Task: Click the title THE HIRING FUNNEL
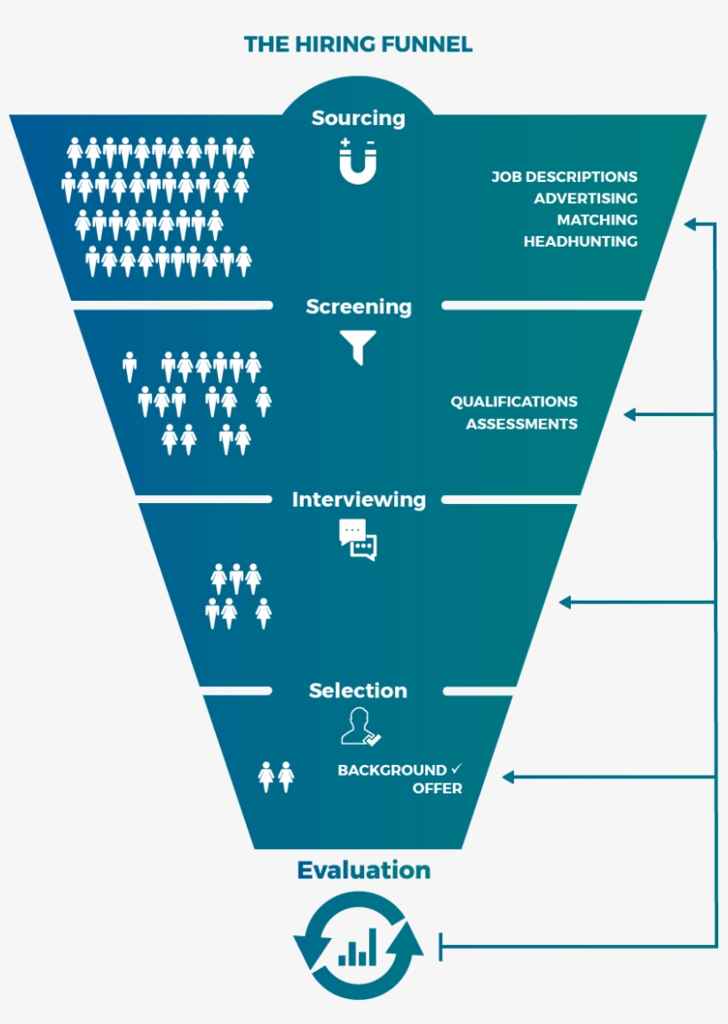[x=358, y=44]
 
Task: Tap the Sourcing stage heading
[x=358, y=118]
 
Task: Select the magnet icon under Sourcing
[x=358, y=162]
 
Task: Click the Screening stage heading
[x=359, y=307]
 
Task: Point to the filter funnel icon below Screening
[x=359, y=347]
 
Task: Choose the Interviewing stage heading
[x=359, y=500]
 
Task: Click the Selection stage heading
[x=359, y=690]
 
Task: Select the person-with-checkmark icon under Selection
[x=360, y=727]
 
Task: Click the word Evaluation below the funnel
[x=363, y=870]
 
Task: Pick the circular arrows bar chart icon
[x=358, y=946]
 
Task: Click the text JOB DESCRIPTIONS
[x=565, y=177]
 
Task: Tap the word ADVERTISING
[x=586, y=199]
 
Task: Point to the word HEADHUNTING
[x=581, y=241]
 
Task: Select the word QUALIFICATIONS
[x=514, y=402]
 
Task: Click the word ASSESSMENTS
[x=522, y=424]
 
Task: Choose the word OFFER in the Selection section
[x=437, y=789]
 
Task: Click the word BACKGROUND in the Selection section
[x=392, y=770]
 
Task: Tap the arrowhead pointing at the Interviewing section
[x=565, y=603]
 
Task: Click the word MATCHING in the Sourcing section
[x=597, y=220]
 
